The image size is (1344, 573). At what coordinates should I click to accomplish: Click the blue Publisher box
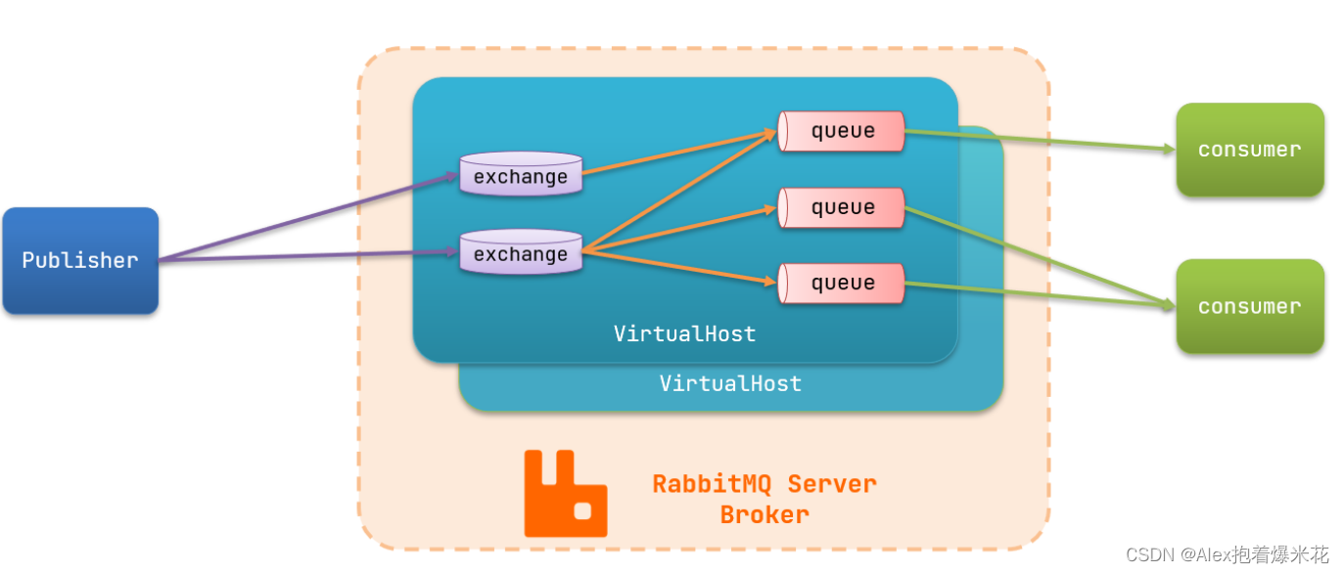point(80,261)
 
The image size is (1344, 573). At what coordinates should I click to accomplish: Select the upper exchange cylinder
point(521,175)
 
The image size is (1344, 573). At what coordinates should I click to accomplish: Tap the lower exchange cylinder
point(521,253)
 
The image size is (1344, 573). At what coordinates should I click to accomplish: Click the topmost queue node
point(842,131)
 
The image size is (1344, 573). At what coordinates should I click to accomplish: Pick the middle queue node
point(842,207)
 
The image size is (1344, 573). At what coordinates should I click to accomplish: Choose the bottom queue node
point(842,284)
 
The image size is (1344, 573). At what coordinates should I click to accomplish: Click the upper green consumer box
point(1249,150)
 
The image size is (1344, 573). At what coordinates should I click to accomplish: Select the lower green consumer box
point(1249,306)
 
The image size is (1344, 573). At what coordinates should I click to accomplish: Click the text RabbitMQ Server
point(765,483)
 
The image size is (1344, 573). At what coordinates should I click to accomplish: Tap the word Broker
point(765,514)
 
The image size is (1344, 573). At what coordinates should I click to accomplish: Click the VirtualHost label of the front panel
point(684,333)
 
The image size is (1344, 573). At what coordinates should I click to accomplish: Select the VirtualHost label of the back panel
point(730,383)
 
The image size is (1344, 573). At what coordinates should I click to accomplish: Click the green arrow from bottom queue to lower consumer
point(1038,294)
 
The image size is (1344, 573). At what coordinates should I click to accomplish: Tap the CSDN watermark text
point(1228,554)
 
